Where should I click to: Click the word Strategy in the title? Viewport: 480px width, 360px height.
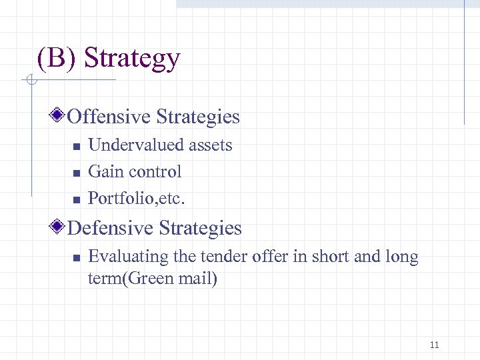pyautogui.click(x=132, y=59)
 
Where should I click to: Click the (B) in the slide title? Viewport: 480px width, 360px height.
pyautogui.click(x=58, y=59)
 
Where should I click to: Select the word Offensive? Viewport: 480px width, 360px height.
pyautogui.click(x=109, y=117)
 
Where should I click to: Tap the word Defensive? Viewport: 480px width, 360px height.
pyautogui.click(x=111, y=228)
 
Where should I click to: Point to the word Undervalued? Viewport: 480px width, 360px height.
pyautogui.click(x=135, y=145)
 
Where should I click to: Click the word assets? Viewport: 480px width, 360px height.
pyautogui.click(x=210, y=145)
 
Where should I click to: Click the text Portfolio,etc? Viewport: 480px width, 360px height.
pyautogui.click(x=137, y=199)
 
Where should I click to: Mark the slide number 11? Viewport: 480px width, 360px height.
pyautogui.click(x=435, y=345)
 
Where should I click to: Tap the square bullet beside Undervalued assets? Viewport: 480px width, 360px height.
pyautogui.click(x=76, y=146)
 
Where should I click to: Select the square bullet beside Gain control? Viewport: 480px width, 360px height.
pyautogui.click(x=76, y=173)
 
